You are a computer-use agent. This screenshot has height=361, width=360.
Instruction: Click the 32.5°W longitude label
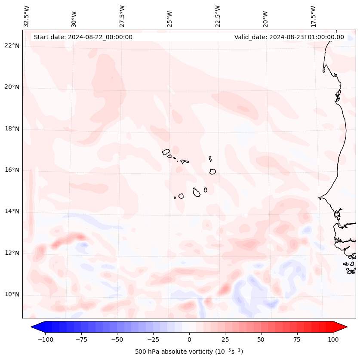pos(27,16)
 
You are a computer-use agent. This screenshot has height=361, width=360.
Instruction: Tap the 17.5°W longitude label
pos(313,16)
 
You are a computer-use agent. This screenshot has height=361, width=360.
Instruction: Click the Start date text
pos(83,37)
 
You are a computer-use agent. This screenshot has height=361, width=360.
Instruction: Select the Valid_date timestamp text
pos(289,37)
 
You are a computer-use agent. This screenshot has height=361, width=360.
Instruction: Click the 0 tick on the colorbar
pos(189,339)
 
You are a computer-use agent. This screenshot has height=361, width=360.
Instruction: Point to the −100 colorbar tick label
pos(45,339)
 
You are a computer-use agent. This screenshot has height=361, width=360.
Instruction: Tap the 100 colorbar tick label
pos(333,339)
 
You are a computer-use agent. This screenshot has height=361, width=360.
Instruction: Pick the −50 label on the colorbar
pos(117,339)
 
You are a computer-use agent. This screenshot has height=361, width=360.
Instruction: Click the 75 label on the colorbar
pos(297,339)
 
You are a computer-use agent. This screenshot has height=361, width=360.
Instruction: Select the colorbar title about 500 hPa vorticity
pos(189,352)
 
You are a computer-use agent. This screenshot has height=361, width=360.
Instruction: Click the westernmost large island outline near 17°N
pos(166,151)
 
